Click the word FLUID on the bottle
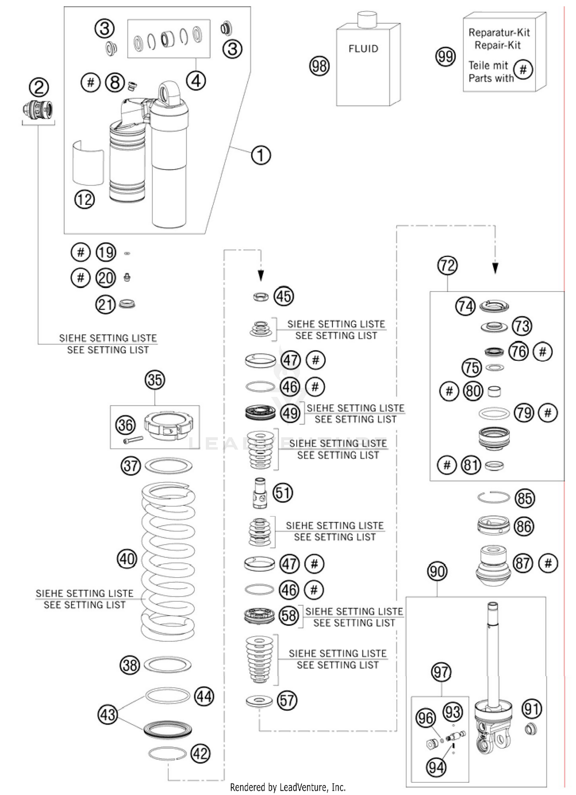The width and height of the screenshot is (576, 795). tap(363, 49)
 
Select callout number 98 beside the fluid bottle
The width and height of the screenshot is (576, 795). tap(319, 66)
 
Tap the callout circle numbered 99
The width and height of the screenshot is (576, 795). tap(445, 57)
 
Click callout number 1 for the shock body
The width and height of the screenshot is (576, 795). tap(261, 155)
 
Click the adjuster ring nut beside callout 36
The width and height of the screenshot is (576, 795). tap(168, 425)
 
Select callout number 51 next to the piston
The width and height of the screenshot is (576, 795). tap(283, 492)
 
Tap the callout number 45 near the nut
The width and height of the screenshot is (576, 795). tap(283, 296)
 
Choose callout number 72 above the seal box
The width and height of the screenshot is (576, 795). tap(447, 265)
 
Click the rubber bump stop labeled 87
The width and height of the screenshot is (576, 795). tap(493, 565)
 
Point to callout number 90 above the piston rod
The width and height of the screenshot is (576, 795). tap(437, 572)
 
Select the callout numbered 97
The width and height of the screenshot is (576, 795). tap(441, 672)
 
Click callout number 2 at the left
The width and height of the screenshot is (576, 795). tap(39, 87)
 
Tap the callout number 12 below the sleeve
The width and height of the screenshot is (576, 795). tap(84, 199)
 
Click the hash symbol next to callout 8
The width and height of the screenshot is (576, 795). tap(91, 82)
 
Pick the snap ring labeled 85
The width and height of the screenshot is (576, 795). tap(493, 498)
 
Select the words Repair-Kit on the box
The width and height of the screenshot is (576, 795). tap(497, 45)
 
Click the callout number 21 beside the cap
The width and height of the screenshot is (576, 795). tap(105, 305)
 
